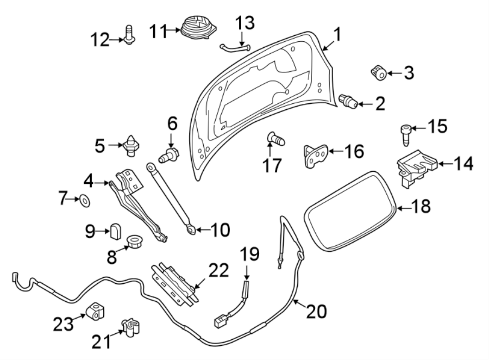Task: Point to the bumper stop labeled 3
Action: coord(378,71)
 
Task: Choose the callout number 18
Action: coord(421,206)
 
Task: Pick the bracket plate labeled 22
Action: coord(174,281)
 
